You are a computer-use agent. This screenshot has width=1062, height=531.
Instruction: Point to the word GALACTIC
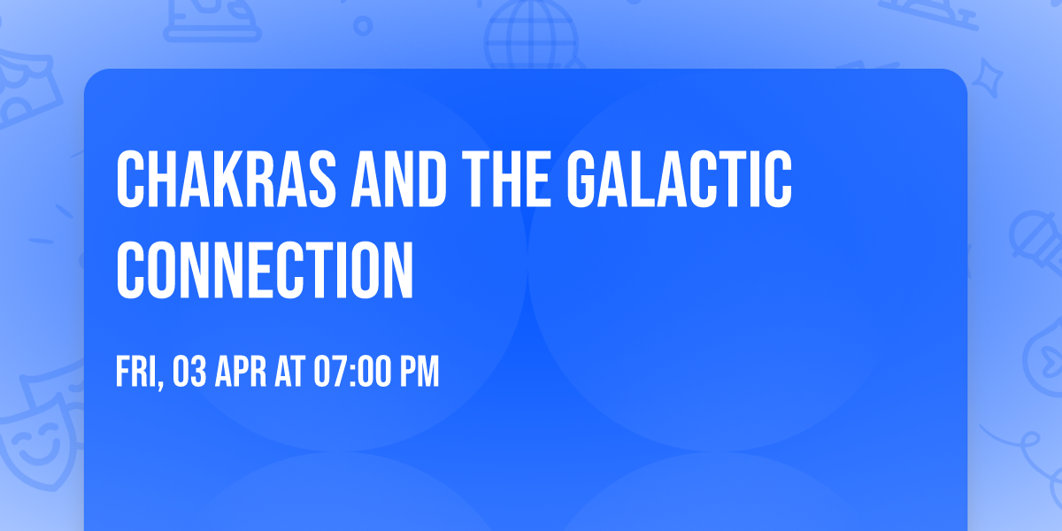coord(680,181)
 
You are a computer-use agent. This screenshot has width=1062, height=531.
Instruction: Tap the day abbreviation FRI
coord(135,372)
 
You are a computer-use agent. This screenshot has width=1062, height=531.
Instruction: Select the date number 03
coord(191,372)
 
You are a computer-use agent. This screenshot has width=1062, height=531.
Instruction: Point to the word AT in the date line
coord(290,372)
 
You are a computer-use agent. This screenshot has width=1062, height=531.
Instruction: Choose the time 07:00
coord(350,372)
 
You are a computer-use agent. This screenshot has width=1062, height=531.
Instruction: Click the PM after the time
coord(419,372)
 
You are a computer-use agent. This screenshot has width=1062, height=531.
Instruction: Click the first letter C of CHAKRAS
coord(130,181)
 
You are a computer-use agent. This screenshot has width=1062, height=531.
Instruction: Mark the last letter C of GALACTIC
coord(777,181)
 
